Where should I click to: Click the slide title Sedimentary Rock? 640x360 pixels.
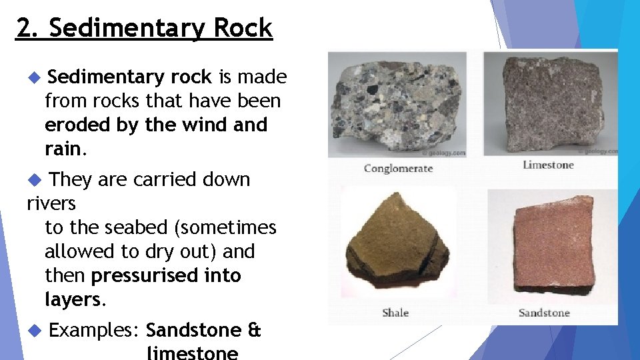(161, 29)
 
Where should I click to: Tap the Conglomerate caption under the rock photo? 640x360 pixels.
(398, 168)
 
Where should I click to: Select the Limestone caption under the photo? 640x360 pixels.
(548, 165)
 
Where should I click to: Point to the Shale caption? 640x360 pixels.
(395, 312)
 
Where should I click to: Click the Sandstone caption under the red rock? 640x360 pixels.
(544, 312)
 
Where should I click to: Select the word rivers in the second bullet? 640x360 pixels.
(51, 203)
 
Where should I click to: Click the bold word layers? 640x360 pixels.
(72, 300)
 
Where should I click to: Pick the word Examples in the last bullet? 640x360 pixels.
(93, 331)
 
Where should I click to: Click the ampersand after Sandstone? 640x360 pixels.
(254, 331)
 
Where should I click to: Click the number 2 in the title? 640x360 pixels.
(24, 29)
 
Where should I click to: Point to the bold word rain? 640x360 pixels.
(63, 149)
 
